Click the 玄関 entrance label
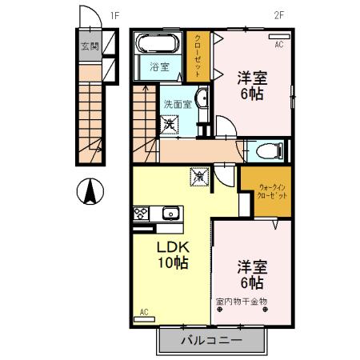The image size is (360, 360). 90,46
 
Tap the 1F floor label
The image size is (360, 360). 114,14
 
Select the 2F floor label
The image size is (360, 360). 279,14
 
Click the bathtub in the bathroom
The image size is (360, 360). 159,43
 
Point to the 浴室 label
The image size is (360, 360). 160,67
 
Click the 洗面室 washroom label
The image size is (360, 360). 178,104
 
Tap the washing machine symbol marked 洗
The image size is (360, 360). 170,125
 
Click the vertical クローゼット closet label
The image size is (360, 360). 198,55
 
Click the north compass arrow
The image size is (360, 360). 91,191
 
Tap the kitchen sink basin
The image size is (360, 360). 170,213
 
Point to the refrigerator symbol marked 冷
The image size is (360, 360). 198,175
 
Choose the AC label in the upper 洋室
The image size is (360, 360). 279,46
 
